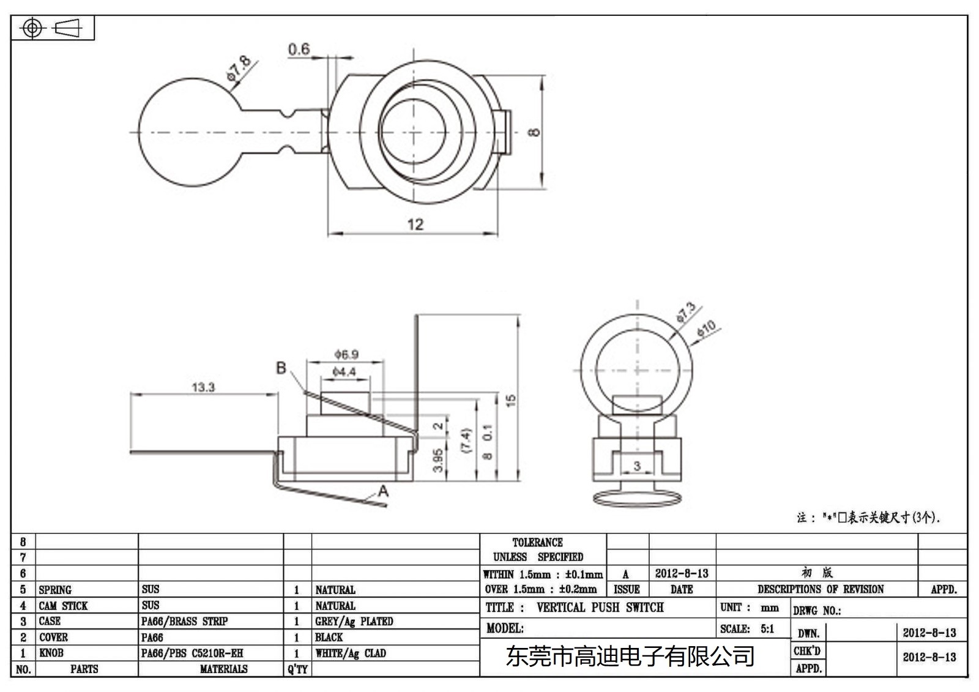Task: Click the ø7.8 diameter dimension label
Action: [x=238, y=68]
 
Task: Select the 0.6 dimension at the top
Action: [x=299, y=49]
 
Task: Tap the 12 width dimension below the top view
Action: [x=415, y=225]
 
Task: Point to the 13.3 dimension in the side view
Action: [x=203, y=387]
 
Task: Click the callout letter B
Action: [x=281, y=368]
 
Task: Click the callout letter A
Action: [x=383, y=491]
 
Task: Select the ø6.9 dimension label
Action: [x=346, y=354]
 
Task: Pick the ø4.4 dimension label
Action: [x=344, y=372]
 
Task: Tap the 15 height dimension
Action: [x=511, y=401]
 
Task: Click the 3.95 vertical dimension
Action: [x=438, y=460]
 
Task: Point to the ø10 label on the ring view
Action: [x=706, y=329]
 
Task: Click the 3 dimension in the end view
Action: [x=636, y=466]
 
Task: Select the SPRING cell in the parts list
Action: [x=55, y=590]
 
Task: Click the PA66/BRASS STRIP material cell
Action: [x=184, y=622]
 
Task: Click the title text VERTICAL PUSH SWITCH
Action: [x=600, y=608]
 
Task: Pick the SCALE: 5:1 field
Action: [x=747, y=629]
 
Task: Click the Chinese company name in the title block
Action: [x=630, y=657]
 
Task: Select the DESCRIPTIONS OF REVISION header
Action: [x=820, y=589]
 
